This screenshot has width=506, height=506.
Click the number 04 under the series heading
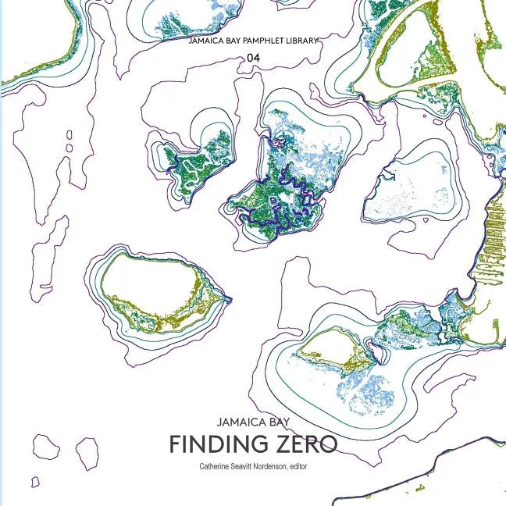(x=253, y=57)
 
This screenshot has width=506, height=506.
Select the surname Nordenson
(x=284, y=465)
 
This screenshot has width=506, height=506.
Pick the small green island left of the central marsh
(x=191, y=164)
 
